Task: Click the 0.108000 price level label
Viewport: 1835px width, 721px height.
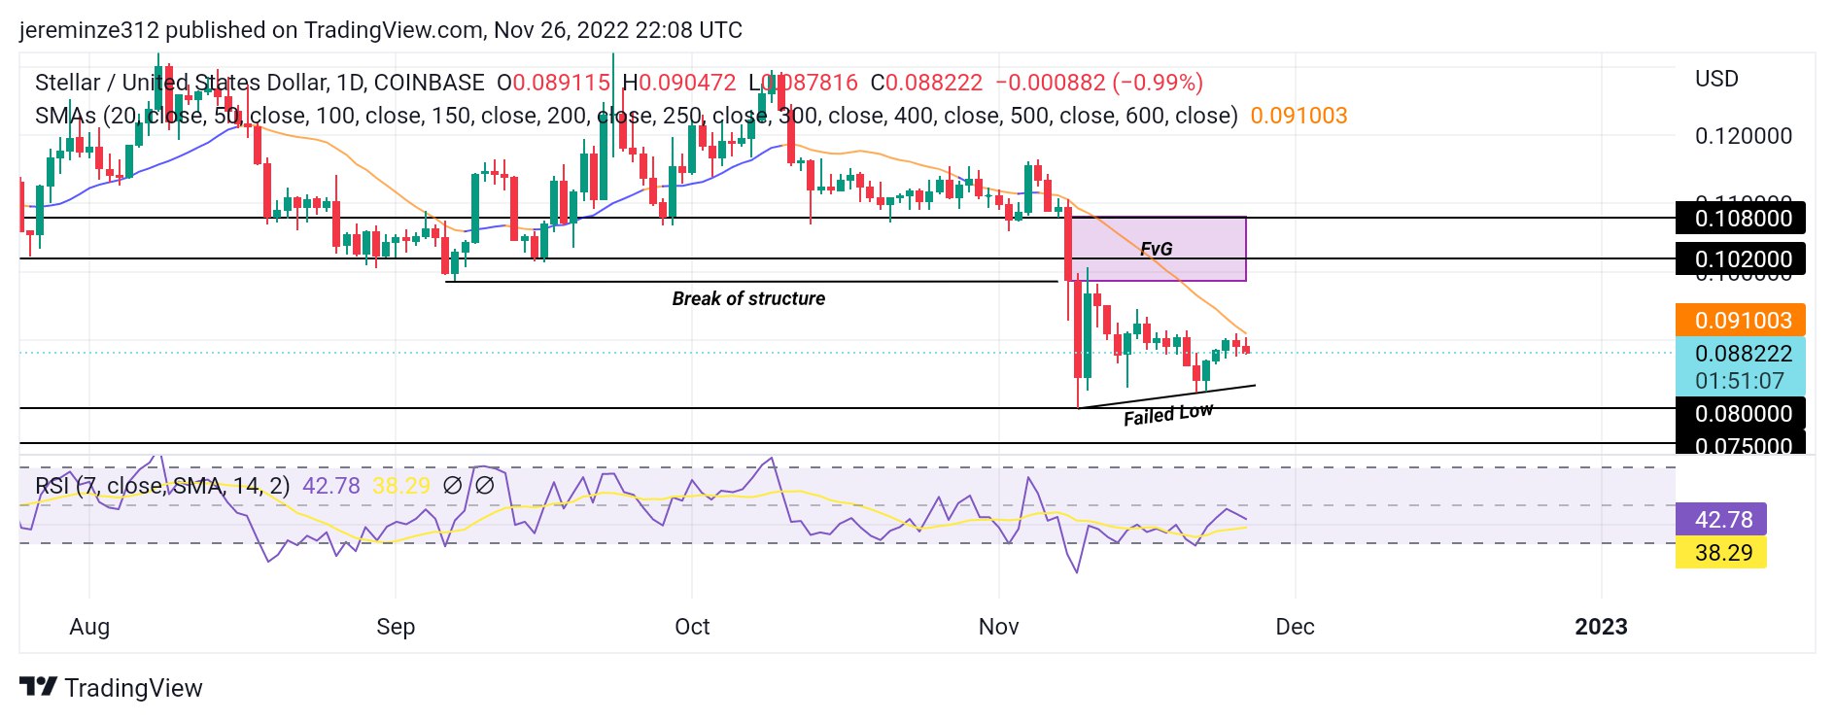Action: (1741, 219)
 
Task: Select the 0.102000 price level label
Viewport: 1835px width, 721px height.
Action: (1741, 259)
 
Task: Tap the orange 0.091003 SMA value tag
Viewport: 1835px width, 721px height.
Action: (1741, 321)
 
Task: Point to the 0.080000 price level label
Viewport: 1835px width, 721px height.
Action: (1741, 414)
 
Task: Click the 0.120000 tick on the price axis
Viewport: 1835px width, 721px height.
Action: (1743, 136)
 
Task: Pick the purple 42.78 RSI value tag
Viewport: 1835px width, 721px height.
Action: (1722, 520)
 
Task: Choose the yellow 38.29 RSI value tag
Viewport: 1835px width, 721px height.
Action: (1722, 553)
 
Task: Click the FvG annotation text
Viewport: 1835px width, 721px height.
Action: (1156, 250)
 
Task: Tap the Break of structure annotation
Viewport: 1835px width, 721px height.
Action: (748, 299)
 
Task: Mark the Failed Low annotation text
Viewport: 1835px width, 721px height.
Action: (1168, 415)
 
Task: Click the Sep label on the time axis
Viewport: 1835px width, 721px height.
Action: (396, 627)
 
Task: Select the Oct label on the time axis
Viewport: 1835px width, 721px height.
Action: (692, 627)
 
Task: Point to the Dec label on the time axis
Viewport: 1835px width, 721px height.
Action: (1295, 627)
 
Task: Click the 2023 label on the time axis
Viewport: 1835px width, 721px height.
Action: (1601, 627)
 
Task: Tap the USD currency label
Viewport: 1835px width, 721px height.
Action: (1716, 79)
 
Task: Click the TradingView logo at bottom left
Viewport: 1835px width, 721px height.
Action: (112, 688)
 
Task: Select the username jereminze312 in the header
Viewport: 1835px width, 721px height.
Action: (88, 30)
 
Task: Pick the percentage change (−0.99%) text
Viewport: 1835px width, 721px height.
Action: (1158, 83)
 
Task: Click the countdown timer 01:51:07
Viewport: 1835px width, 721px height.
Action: (1740, 381)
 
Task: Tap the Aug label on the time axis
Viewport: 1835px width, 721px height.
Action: (89, 627)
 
